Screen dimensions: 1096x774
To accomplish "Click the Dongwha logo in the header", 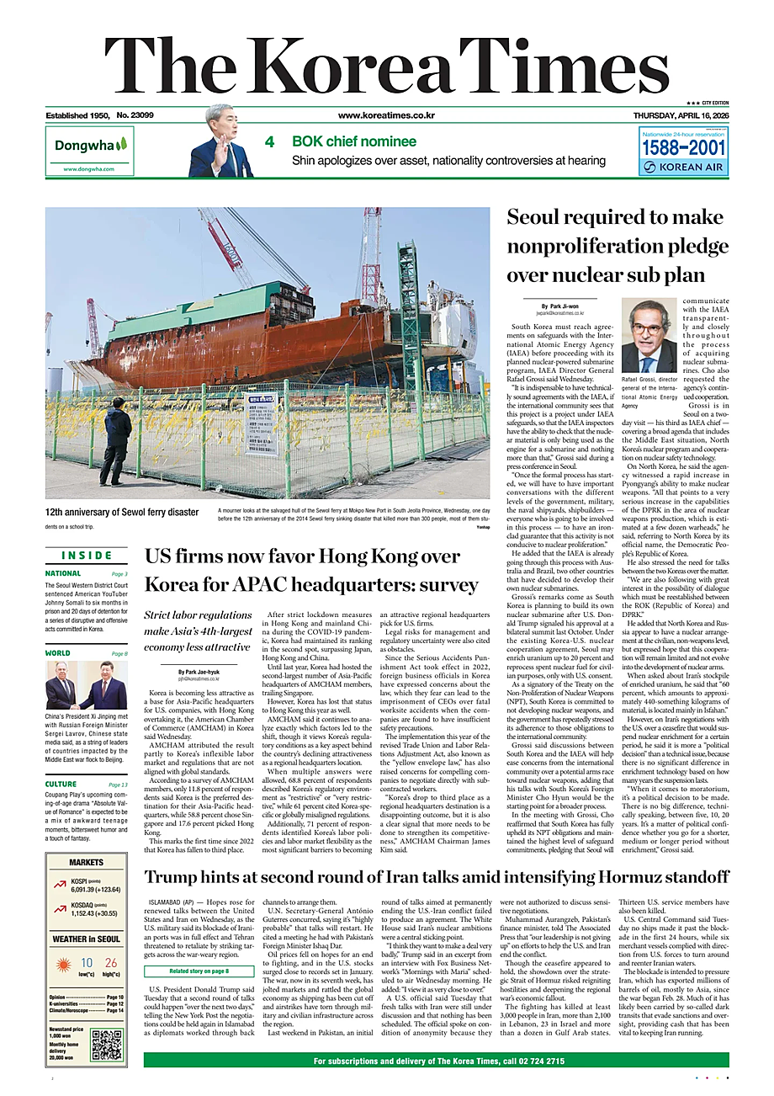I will [x=90, y=146].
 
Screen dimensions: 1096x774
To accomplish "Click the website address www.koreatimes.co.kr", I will [x=386, y=115].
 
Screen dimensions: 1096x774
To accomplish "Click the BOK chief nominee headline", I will [x=353, y=141].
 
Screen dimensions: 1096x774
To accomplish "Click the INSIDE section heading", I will [x=87, y=555].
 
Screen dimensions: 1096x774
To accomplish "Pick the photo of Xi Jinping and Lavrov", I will [x=87, y=685].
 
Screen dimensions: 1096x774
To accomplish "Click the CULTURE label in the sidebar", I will [x=61, y=785].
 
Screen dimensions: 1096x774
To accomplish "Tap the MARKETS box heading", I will [x=87, y=862].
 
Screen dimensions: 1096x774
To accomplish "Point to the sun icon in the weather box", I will [x=64, y=964].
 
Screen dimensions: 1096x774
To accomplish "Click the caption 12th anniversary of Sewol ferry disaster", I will [x=122, y=511].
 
